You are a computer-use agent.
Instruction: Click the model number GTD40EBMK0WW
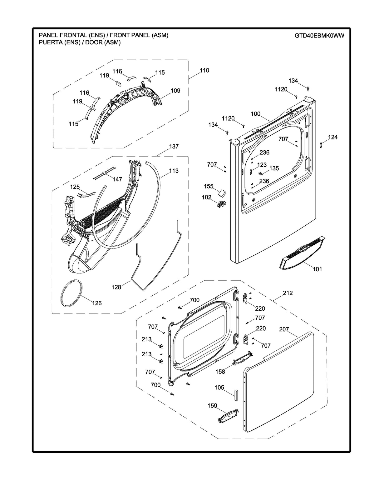319,36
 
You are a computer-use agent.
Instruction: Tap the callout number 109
175,91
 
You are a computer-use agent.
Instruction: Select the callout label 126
97,303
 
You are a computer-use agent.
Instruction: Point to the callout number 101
317,269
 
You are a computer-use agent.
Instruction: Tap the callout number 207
284,329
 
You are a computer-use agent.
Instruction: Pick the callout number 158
220,372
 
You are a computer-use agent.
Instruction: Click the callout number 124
333,137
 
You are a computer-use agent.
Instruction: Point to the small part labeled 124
321,145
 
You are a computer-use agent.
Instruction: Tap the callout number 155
209,186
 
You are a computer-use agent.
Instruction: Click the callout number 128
116,287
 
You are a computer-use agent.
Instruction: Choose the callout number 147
117,179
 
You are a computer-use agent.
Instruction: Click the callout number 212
288,293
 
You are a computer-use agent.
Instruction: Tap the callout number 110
204,70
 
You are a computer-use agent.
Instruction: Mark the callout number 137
174,146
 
